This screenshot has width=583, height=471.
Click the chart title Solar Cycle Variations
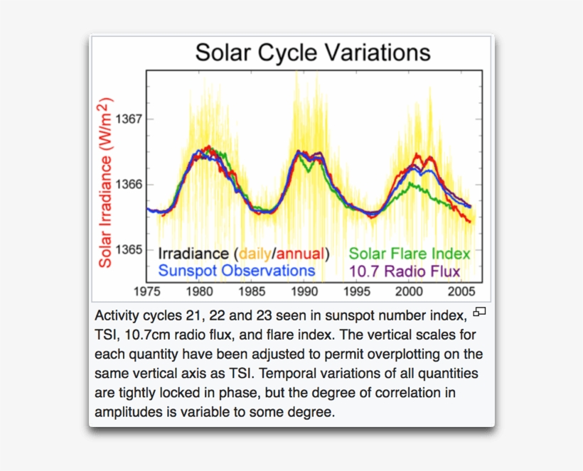pyautogui.click(x=313, y=53)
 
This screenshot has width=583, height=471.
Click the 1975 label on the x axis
pyautogui.click(x=147, y=291)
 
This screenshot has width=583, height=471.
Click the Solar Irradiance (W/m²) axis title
pyautogui.click(x=105, y=183)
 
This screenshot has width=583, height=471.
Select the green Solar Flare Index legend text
pyautogui.click(x=410, y=254)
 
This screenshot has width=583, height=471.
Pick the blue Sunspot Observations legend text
pyautogui.click(x=236, y=271)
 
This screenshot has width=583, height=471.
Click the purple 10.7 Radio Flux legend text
pyautogui.click(x=405, y=271)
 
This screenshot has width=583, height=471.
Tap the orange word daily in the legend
pyautogui.click(x=255, y=254)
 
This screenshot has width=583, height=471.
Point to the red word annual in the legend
pyautogui.click(x=299, y=254)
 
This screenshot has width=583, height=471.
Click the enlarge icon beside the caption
pyautogui.click(x=480, y=311)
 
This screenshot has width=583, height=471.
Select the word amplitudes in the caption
pyautogui.click(x=128, y=412)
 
